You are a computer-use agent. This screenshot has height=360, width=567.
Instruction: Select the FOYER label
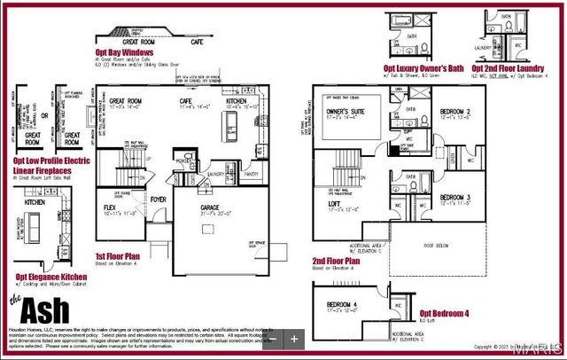coord(158,200)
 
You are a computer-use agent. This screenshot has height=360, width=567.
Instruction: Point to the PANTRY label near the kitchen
coord(251,175)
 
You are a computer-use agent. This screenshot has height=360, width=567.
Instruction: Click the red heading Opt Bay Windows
coord(126,52)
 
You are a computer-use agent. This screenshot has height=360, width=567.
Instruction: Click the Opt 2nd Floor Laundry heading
coord(508,67)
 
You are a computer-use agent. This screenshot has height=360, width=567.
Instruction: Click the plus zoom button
coord(294,338)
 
